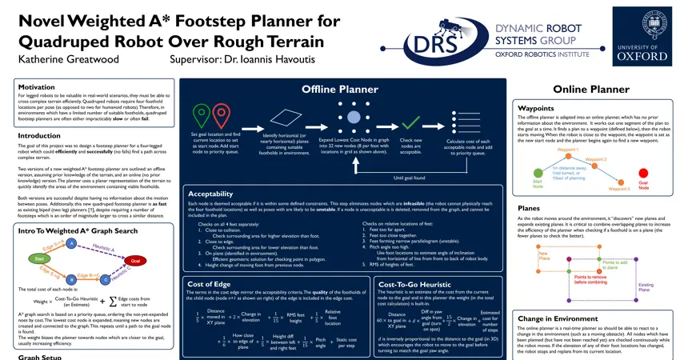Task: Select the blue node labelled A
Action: [72, 242]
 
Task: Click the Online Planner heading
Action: [590, 89]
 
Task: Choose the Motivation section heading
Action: [37, 87]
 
